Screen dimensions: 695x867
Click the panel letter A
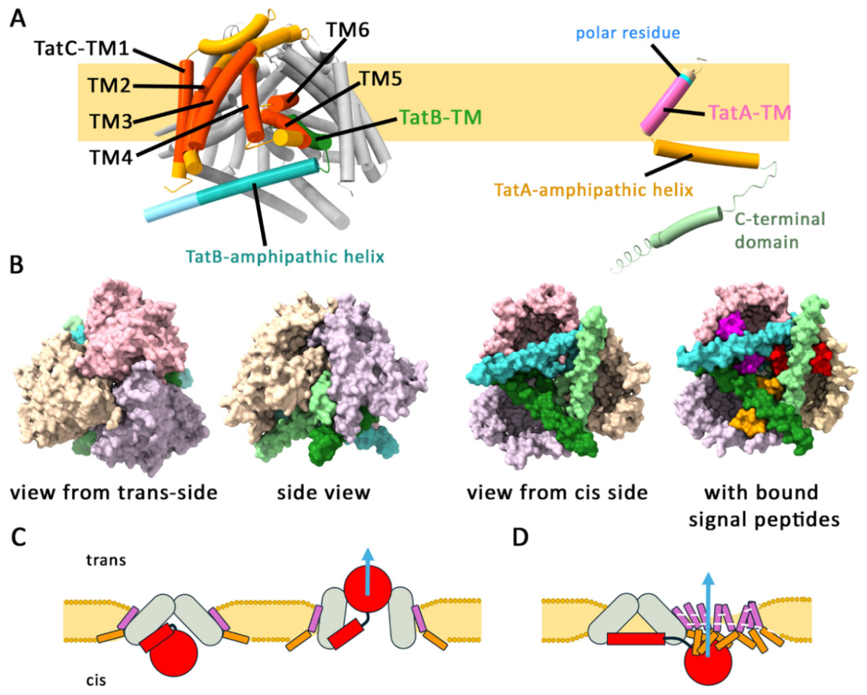(x=18, y=19)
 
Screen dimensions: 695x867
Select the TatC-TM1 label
(x=81, y=48)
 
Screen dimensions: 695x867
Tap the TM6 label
(x=347, y=30)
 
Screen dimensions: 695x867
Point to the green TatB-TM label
(x=440, y=118)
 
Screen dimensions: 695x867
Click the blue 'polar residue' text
(x=627, y=33)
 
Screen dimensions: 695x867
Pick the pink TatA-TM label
(x=749, y=112)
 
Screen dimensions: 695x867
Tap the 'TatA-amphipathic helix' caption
(x=593, y=190)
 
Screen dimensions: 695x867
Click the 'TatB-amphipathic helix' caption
(x=285, y=256)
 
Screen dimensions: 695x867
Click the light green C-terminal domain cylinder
(x=685, y=226)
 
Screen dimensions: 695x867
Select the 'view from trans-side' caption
(x=114, y=492)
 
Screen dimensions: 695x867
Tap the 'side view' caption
(x=323, y=492)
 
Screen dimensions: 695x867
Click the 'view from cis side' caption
(x=557, y=492)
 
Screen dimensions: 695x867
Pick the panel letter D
(x=520, y=537)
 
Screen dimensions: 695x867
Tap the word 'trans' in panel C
(x=106, y=560)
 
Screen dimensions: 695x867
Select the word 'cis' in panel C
(x=96, y=680)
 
